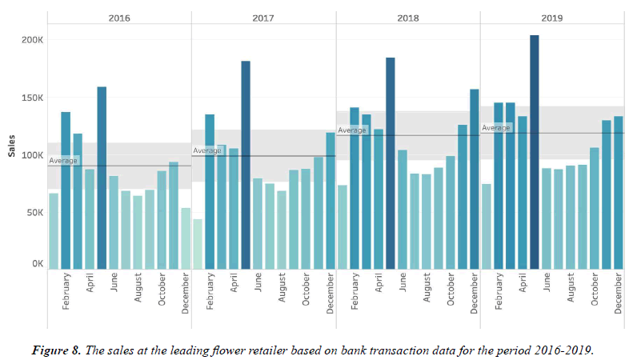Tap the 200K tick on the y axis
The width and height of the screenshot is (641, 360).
point(32,40)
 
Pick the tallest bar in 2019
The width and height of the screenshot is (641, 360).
point(535,152)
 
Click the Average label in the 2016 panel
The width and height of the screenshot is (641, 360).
point(64,161)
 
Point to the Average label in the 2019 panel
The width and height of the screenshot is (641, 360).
point(496,128)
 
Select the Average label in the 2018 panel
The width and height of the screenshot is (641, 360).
point(352,130)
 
